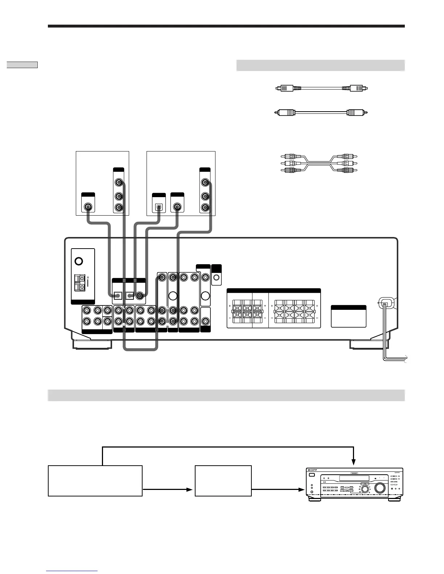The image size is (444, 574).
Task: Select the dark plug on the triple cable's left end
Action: [290, 170]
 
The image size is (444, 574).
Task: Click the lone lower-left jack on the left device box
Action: [88, 207]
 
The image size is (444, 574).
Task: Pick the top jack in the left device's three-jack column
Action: [119, 182]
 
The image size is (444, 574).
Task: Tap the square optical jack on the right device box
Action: [159, 207]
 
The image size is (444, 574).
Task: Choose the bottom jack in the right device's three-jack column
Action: [205, 208]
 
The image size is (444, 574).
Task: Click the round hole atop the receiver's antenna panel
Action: [78, 261]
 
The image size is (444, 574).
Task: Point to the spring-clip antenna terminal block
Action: [79, 283]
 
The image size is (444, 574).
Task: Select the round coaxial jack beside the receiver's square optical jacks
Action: [139, 295]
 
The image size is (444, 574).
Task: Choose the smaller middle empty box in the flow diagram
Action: [223, 481]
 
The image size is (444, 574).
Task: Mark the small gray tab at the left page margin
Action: [22, 65]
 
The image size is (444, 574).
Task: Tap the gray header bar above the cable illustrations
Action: [320, 66]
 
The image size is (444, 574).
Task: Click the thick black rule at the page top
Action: [226, 26]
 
